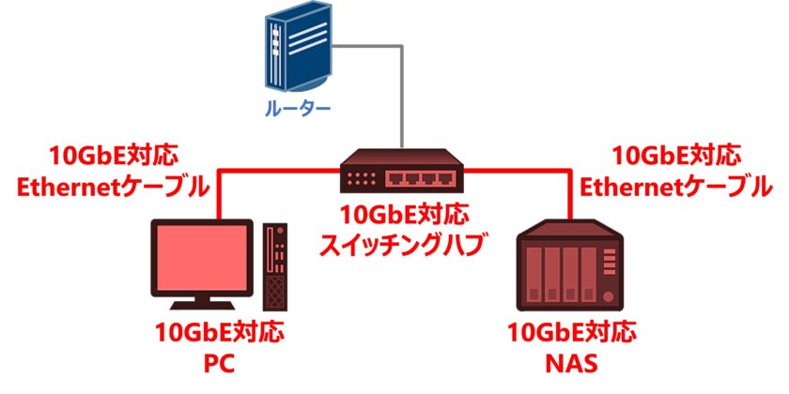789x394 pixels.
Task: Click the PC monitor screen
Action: click(202, 259)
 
